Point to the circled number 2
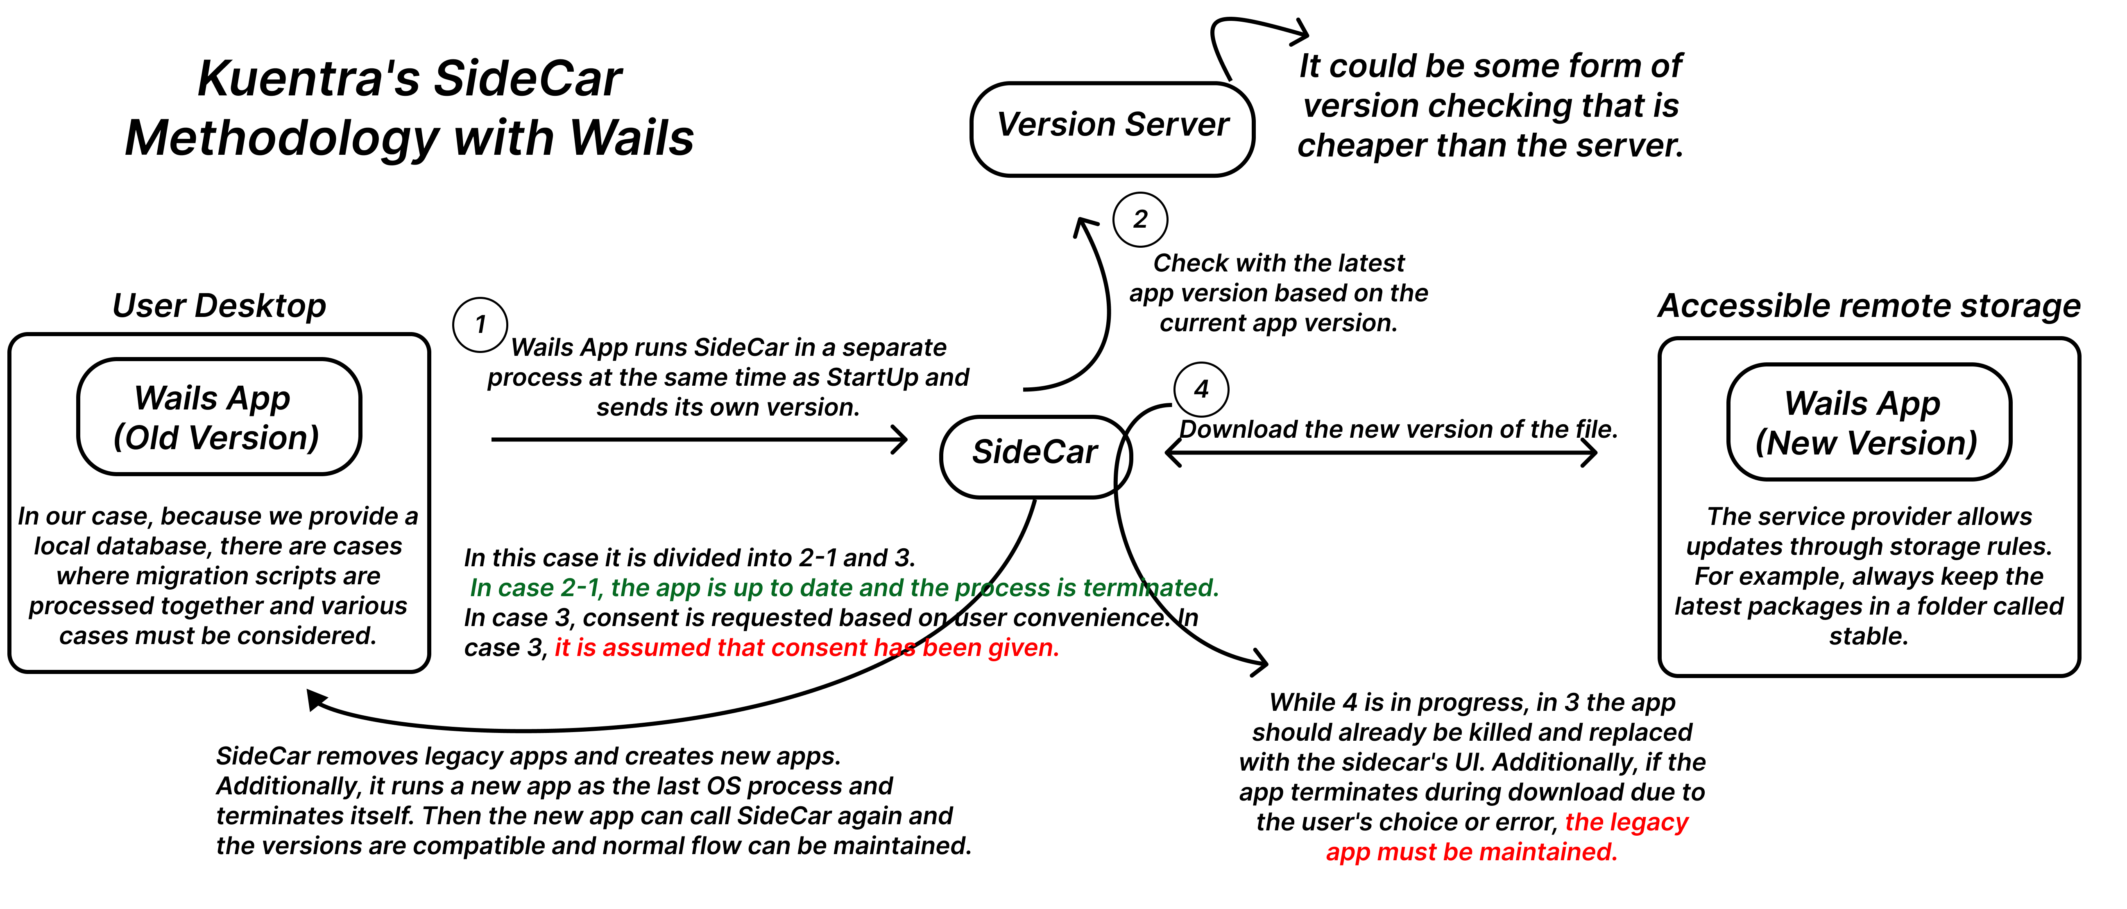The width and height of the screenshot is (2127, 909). pyautogui.click(x=1140, y=219)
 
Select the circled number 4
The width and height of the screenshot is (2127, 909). pyautogui.click(x=1201, y=389)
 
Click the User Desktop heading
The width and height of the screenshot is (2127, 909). pyautogui.click(x=219, y=305)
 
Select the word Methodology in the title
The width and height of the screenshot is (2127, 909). pyautogui.click(x=281, y=138)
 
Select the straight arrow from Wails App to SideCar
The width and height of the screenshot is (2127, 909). pyautogui.click(x=698, y=439)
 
